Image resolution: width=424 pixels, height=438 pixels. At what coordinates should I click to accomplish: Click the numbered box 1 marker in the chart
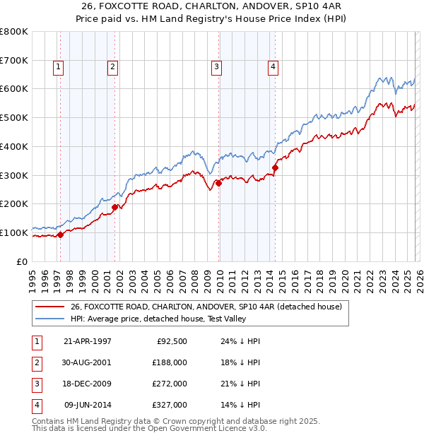pyautogui.click(x=58, y=67)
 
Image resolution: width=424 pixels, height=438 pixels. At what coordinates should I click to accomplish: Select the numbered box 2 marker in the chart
pyautogui.click(x=112, y=67)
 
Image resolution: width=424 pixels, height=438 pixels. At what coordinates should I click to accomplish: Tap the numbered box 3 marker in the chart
pyautogui.click(x=216, y=67)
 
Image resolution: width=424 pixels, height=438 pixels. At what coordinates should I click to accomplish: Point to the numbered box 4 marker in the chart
pyautogui.click(x=272, y=67)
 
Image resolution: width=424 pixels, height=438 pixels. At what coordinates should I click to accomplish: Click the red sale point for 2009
pyautogui.click(x=218, y=183)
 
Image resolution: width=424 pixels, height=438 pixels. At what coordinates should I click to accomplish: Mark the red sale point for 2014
pyautogui.click(x=275, y=167)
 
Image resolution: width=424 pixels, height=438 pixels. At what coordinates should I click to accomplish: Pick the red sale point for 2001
pyautogui.click(x=115, y=207)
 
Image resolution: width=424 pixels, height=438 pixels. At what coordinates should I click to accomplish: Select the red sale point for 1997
pyautogui.click(x=61, y=235)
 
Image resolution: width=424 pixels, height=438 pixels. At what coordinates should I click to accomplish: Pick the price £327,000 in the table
pyautogui.click(x=170, y=405)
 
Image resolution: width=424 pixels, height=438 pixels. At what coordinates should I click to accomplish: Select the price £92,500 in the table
pyautogui.click(x=172, y=341)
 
